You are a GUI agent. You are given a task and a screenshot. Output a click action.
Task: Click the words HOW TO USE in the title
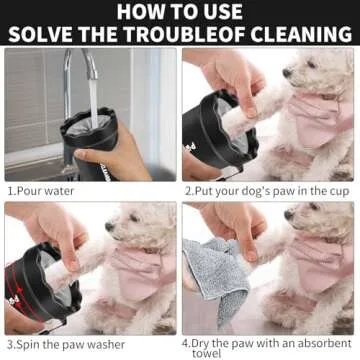tap(180, 13)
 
